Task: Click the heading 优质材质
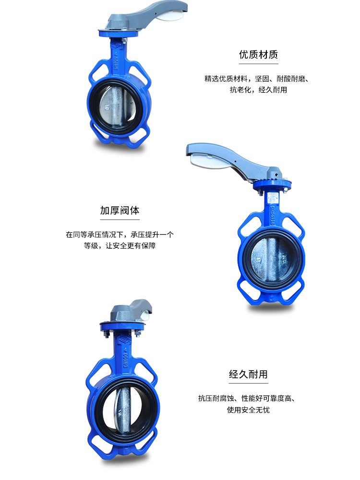click(x=258, y=54)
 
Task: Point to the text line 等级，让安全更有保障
click(x=120, y=246)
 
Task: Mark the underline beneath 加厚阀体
click(x=120, y=220)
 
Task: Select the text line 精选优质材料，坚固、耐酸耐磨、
click(x=256, y=78)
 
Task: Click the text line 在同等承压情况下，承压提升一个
click(x=120, y=235)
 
